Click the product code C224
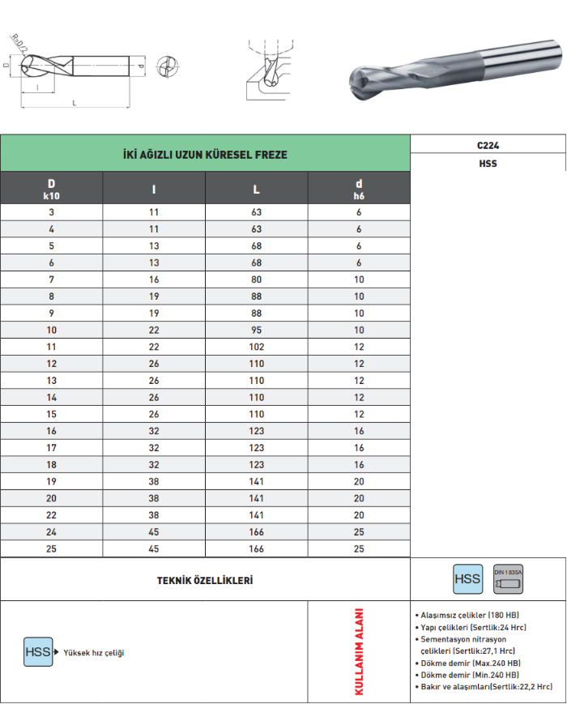488,145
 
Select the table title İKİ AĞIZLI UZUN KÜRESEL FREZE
205,154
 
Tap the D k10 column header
52,188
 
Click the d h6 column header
359,188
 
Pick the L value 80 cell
257,279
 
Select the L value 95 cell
257,330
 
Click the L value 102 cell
257,347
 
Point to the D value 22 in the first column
52,515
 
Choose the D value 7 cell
52,279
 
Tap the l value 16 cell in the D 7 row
154,279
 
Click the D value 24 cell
52,532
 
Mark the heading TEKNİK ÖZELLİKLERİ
205,580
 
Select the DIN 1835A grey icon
509,579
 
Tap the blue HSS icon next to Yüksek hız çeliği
38,652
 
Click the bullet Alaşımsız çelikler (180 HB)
467,616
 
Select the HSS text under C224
488,163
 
